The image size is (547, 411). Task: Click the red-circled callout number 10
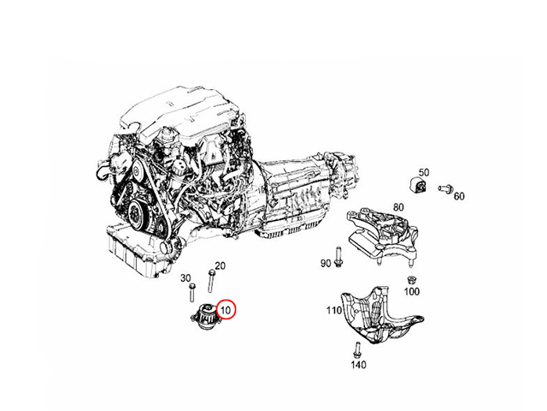(226, 309)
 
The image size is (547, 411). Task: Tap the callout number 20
(220, 266)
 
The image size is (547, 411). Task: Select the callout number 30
(185, 278)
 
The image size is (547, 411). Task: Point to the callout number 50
(424, 172)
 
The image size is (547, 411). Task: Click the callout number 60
(459, 196)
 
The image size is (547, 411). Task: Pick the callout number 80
(398, 207)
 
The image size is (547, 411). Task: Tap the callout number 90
(326, 263)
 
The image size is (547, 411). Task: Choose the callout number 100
(412, 291)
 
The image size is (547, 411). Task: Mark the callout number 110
(334, 310)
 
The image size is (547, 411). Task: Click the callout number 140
(359, 365)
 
